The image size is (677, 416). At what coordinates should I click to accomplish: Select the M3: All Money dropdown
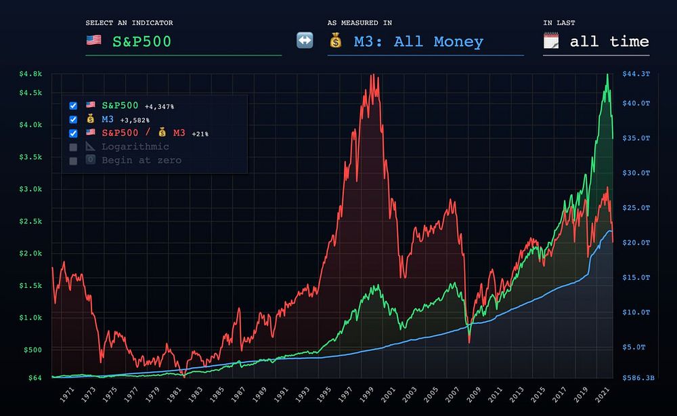(418, 42)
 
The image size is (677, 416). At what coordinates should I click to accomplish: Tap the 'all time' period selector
(609, 42)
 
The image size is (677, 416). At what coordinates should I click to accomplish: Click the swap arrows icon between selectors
(305, 41)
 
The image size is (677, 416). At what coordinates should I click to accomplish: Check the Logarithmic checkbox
(73, 147)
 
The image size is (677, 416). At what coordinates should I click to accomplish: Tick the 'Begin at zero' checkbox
(73, 161)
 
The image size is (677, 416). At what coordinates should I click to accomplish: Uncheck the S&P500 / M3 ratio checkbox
(73, 133)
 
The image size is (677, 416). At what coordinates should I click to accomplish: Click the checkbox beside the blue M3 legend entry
(73, 120)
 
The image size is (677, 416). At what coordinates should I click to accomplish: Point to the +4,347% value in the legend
(159, 106)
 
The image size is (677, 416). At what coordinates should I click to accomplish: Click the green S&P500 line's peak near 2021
(607, 75)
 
